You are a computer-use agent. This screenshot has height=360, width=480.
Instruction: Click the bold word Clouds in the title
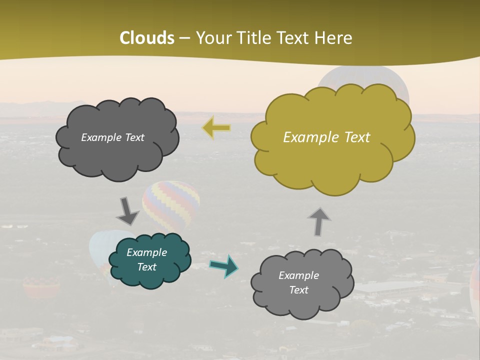click(x=147, y=38)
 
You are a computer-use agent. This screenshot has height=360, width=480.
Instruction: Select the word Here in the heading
click(x=333, y=38)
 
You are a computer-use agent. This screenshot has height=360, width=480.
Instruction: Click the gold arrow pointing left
click(x=217, y=128)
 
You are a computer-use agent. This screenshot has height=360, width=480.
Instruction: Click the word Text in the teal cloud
click(x=147, y=267)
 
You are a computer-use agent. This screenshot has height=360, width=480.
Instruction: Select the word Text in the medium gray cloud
click(x=298, y=290)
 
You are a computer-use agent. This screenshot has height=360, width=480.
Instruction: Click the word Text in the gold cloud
click(x=357, y=137)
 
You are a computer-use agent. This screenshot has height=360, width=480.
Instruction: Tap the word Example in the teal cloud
click(x=147, y=252)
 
